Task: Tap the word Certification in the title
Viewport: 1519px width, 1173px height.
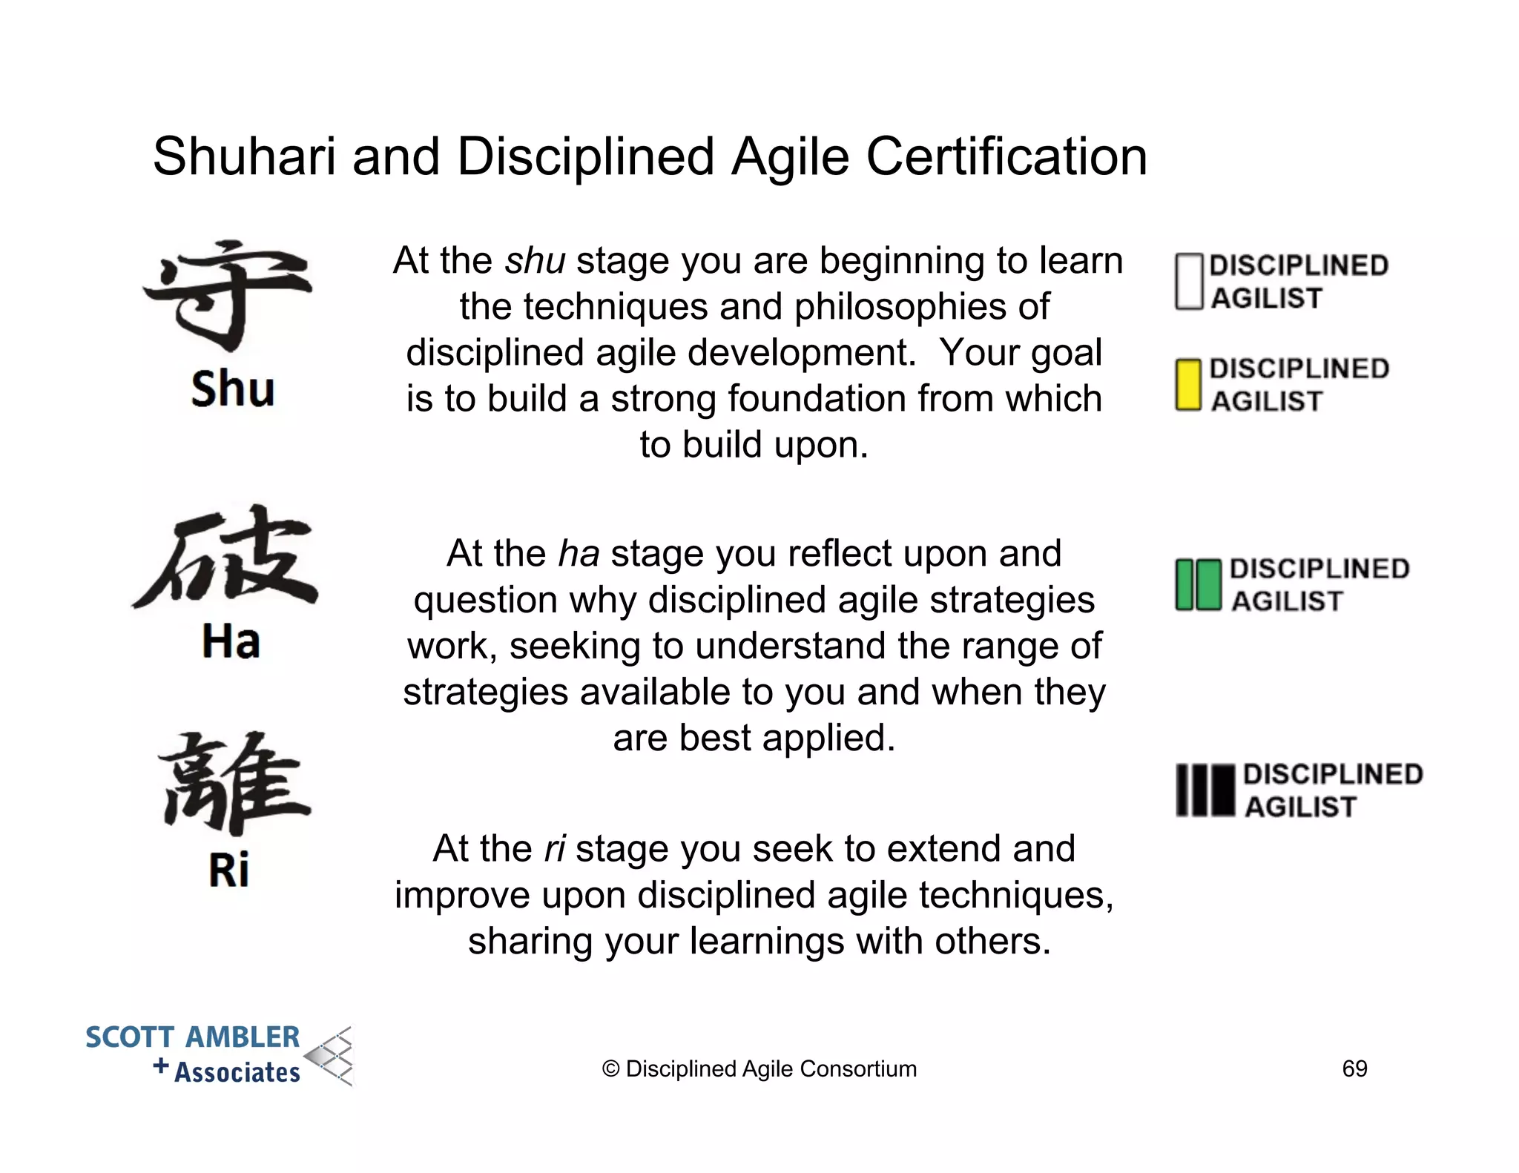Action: coord(1006,157)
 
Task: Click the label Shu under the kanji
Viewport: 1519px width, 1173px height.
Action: coord(232,389)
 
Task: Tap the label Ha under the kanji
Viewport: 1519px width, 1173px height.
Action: coord(231,641)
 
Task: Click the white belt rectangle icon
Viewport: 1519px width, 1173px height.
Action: coord(1188,282)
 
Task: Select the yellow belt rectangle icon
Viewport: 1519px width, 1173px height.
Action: coord(1188,385)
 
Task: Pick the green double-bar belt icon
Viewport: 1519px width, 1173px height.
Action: coord(1198,585)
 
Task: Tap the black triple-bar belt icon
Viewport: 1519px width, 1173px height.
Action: coord(1205,790)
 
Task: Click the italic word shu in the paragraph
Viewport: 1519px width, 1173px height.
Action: coord(535,261)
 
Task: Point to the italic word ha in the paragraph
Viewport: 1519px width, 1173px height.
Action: coord(579,554)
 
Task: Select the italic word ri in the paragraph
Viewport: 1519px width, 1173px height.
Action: coord(555,849)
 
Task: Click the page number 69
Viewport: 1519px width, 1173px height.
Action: coord(1354,1068)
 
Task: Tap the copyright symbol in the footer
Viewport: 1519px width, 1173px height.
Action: coord(610,1069)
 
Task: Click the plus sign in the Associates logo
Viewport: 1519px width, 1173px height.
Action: coord(161,1066)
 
